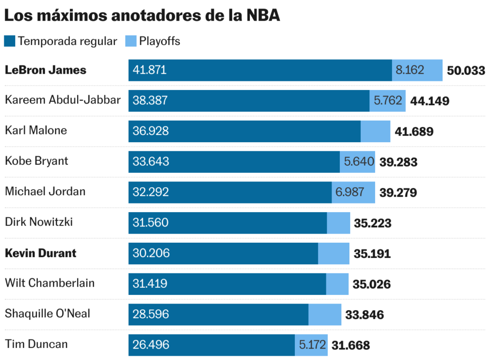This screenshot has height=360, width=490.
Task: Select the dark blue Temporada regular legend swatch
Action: pyautogui.click(x=10, y=41)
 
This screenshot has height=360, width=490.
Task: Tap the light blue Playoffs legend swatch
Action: pyautogui.click(x=131, y=41)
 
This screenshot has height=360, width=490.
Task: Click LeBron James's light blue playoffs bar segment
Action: pyautogui.click(x=417, y=70)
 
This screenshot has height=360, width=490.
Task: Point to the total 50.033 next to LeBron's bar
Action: pyautogui.click(x=466, y=71)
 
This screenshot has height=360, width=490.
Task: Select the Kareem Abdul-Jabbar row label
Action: pyautogui.click(x=63, y=100)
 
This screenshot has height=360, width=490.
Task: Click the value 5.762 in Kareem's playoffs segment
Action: pyautogui.click(x=388, y=101)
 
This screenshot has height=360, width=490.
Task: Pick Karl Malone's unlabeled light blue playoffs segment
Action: pyautogui.click(x=375, y=131)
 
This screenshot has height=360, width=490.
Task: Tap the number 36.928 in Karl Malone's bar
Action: pyautogui.click(x=151, y=131)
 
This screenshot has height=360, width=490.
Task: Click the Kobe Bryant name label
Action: pyautogui.click(x=36, y=161)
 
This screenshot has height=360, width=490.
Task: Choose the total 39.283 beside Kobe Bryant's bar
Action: pyautogui.click(x=398, y=162)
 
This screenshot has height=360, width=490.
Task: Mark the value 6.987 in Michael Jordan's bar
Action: pyautogui.click(x=349, y=192)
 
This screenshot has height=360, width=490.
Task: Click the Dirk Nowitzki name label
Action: pyautogui.click(x=39, y=222)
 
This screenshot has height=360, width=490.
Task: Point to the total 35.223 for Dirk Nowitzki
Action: pyautogui.click(x=372, y=223)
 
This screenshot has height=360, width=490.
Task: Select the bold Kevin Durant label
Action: pyautogui.click(x=41, y=253)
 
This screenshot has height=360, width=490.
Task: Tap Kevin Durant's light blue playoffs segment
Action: pyautogui.click(x=334, y=253)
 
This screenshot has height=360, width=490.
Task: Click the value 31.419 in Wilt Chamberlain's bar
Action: pyautogui.click(x=150, y=283)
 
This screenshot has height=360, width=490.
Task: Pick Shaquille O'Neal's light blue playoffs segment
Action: pyautogui.click(x=324, y=314)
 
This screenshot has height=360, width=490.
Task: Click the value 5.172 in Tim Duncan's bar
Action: pyautogui.click(x=312, y=345)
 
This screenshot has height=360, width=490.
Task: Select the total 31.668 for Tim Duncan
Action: pyautogui.click(x=351, y=345)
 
